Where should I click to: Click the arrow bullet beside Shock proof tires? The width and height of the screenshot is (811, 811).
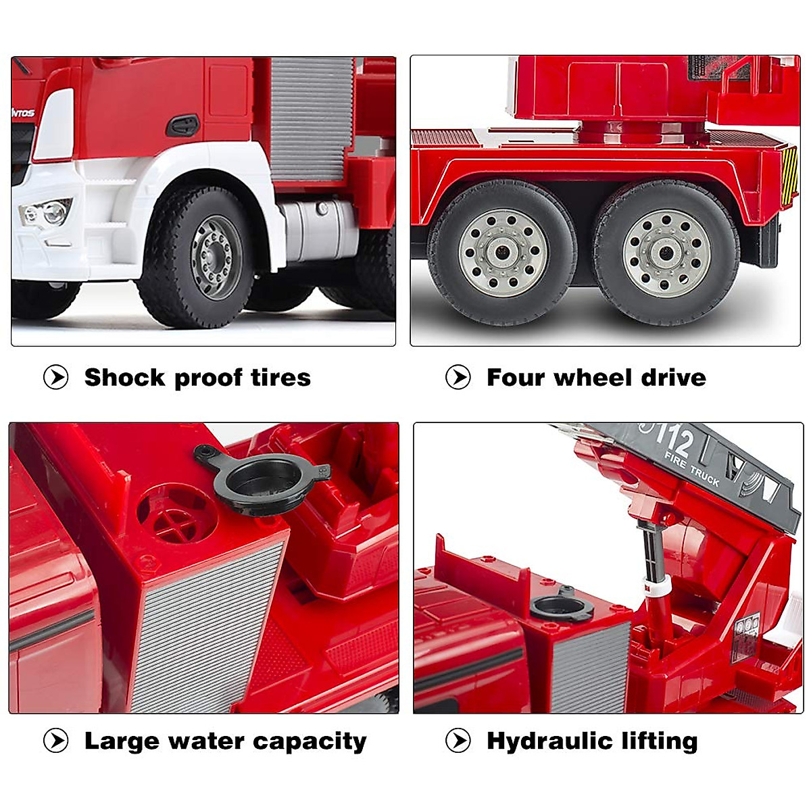click(x=56, y=377)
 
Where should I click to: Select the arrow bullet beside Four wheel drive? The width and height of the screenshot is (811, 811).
click(x=458, y=377)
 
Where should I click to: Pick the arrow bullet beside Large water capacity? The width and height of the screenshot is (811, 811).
click(x=56, y=741)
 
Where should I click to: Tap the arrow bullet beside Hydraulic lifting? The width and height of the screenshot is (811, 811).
click(x=458, y=741)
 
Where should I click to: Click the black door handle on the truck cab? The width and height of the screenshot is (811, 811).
click(x=182, y=125)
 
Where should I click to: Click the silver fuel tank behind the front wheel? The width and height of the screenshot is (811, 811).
click(x=318, y=230)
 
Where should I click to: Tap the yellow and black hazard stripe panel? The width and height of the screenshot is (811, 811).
click(x=789, y=176)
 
